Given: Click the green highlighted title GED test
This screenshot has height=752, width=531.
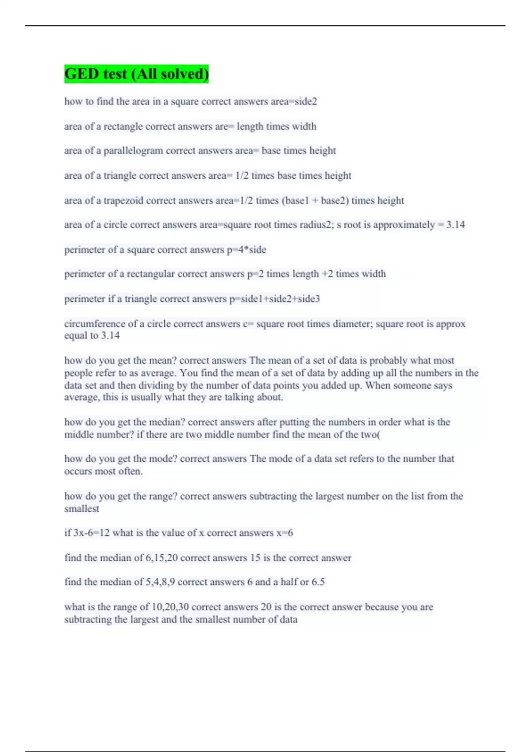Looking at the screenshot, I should click(x=136, y=74).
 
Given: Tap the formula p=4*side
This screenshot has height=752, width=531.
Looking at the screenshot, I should click(x=246, y=250).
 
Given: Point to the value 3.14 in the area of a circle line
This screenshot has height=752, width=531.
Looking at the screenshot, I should click(x=455, y=225).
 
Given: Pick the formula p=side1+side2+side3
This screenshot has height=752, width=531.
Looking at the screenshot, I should click(x=274, y=299).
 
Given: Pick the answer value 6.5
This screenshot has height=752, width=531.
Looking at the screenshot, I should click(x=318, y=582).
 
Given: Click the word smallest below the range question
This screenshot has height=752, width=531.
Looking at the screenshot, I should click(x=81, y=509).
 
